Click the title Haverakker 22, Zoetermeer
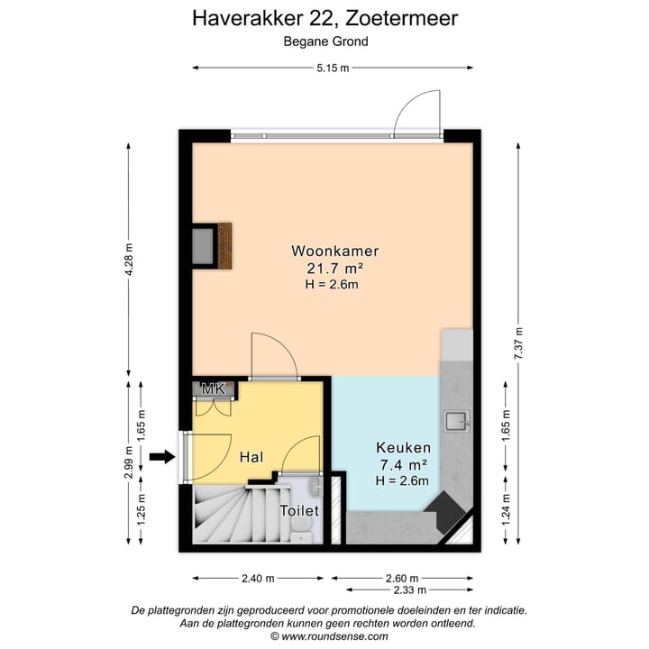[325, 18]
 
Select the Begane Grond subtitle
[325, 41]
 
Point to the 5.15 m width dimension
[333, 69]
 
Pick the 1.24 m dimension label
[506, 512]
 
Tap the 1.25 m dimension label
[142, 511]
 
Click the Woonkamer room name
[334, 251]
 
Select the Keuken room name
[403, 448]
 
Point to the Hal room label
[251, 458]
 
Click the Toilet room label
[299, 510]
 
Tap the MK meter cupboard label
[213, 388]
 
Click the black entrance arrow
[161, 458]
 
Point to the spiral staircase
[231, 516]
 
